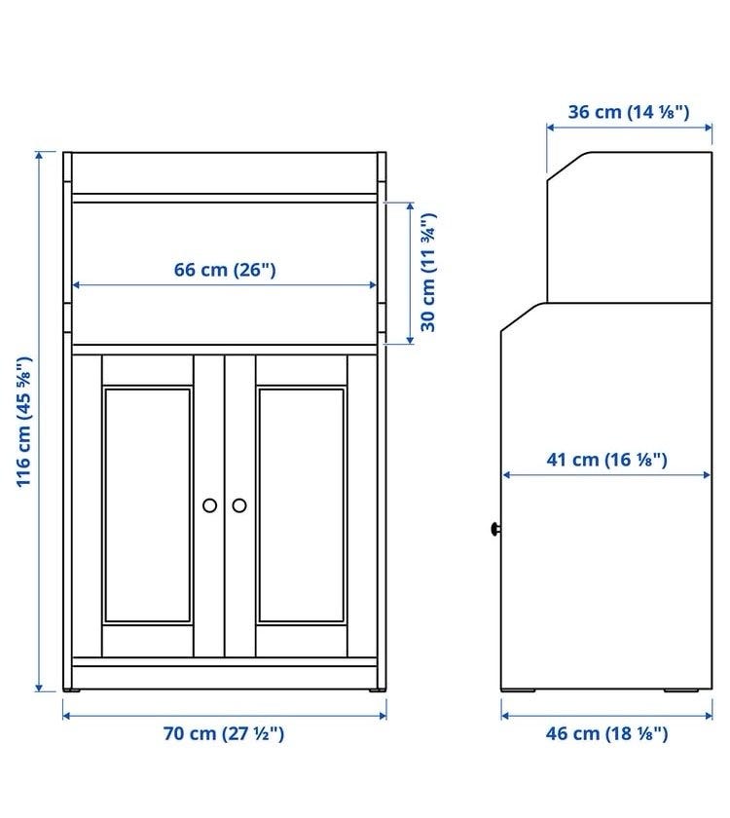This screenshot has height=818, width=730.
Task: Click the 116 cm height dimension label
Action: (24, 422)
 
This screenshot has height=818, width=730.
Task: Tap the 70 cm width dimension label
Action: (224, 733)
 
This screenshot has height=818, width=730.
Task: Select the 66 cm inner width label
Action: (225, 270)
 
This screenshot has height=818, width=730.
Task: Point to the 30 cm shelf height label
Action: (428, 273)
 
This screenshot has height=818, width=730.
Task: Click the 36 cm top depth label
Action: (629, 112)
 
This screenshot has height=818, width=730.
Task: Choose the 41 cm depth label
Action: (607, 460)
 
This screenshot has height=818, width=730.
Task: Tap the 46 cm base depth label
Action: (607, 733)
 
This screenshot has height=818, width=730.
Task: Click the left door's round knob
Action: (209, 505)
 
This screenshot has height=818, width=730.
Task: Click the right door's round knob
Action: (239, 505)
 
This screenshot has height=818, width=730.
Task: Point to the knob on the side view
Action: (495, 529)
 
